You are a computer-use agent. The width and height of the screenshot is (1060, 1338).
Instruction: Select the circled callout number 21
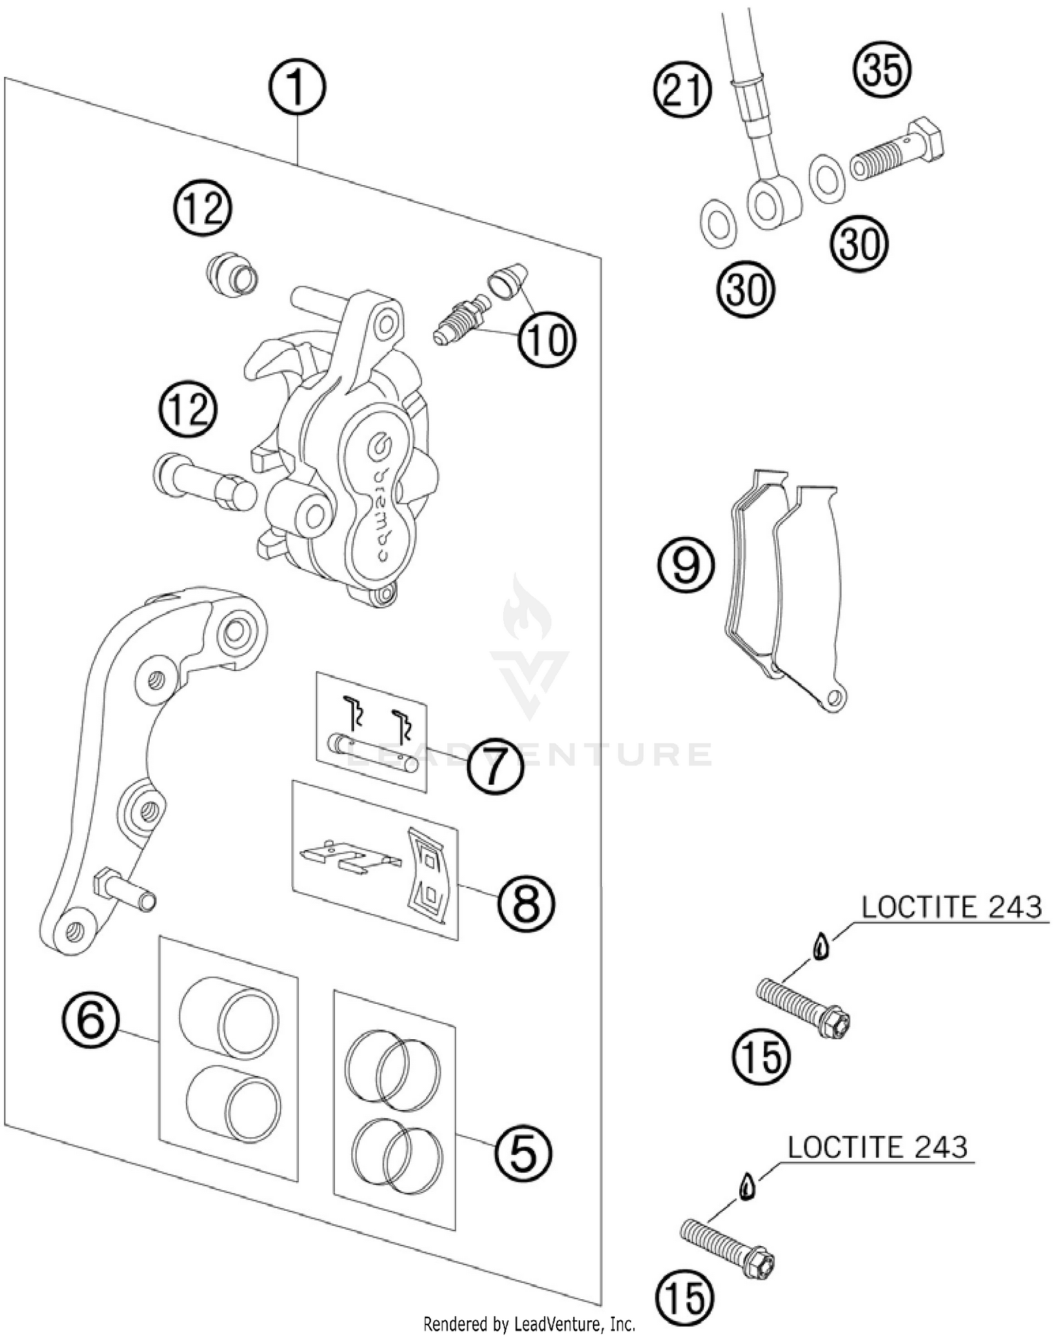click(x=681, y=91)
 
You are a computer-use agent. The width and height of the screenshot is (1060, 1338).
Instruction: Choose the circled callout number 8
click(x=526, y=904)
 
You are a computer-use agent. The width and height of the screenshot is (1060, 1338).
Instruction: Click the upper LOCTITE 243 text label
click(x=951, y=907)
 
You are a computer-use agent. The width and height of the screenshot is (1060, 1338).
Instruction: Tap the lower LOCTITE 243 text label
click(x=877, y=1147)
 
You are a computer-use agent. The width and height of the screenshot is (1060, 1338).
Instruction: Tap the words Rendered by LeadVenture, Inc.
click(x=529, y=1323)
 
